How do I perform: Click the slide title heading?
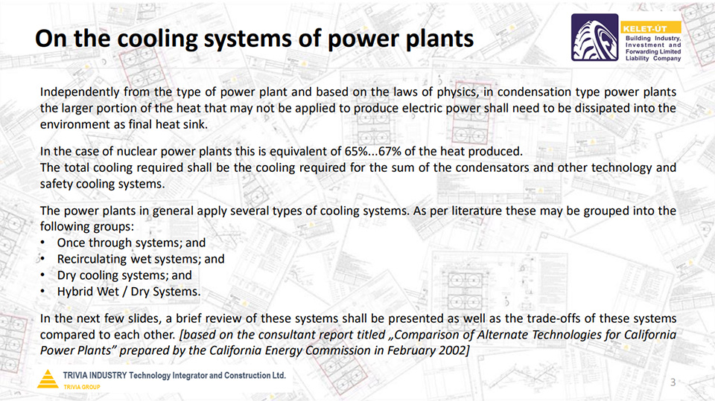tap(254, 38)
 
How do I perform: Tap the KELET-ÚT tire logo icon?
tap(594, 37)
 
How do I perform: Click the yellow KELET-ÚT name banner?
tap(650, 28)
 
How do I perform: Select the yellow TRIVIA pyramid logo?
tap(48, 379)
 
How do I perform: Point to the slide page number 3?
tap(673, 382)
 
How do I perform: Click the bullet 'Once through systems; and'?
tap(131, 243)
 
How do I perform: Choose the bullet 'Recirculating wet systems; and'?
tap(141, 259)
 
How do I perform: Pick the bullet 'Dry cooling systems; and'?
tap(124, 275)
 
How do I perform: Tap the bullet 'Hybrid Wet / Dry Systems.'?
tap(129, 292)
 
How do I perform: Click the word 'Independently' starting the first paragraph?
tap(80, 92)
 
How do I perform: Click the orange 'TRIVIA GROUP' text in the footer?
tap(82, 387)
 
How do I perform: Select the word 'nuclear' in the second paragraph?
tap(139, 151)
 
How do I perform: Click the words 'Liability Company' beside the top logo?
tap(653, 58)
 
